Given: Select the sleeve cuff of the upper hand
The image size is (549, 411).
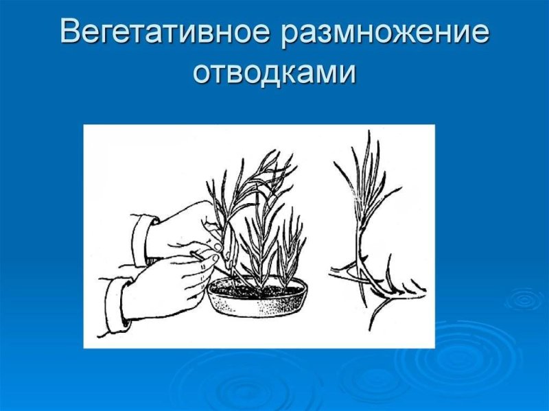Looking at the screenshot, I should click(x=143, y=237).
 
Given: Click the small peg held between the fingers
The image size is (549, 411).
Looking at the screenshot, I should click(x=200, y=255).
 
